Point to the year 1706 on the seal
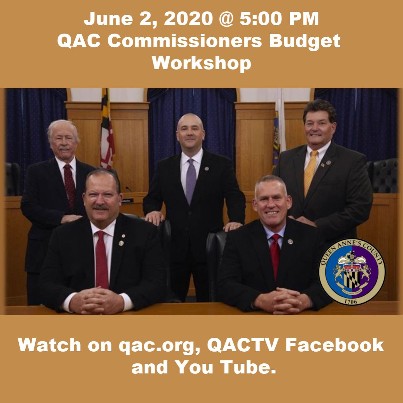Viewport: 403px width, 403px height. tap(352, 301)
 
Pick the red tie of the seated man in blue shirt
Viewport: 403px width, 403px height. tap(276, 255)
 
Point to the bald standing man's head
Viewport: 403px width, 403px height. tap(190, 129)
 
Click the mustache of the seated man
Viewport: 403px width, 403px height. tap(101, 207)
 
